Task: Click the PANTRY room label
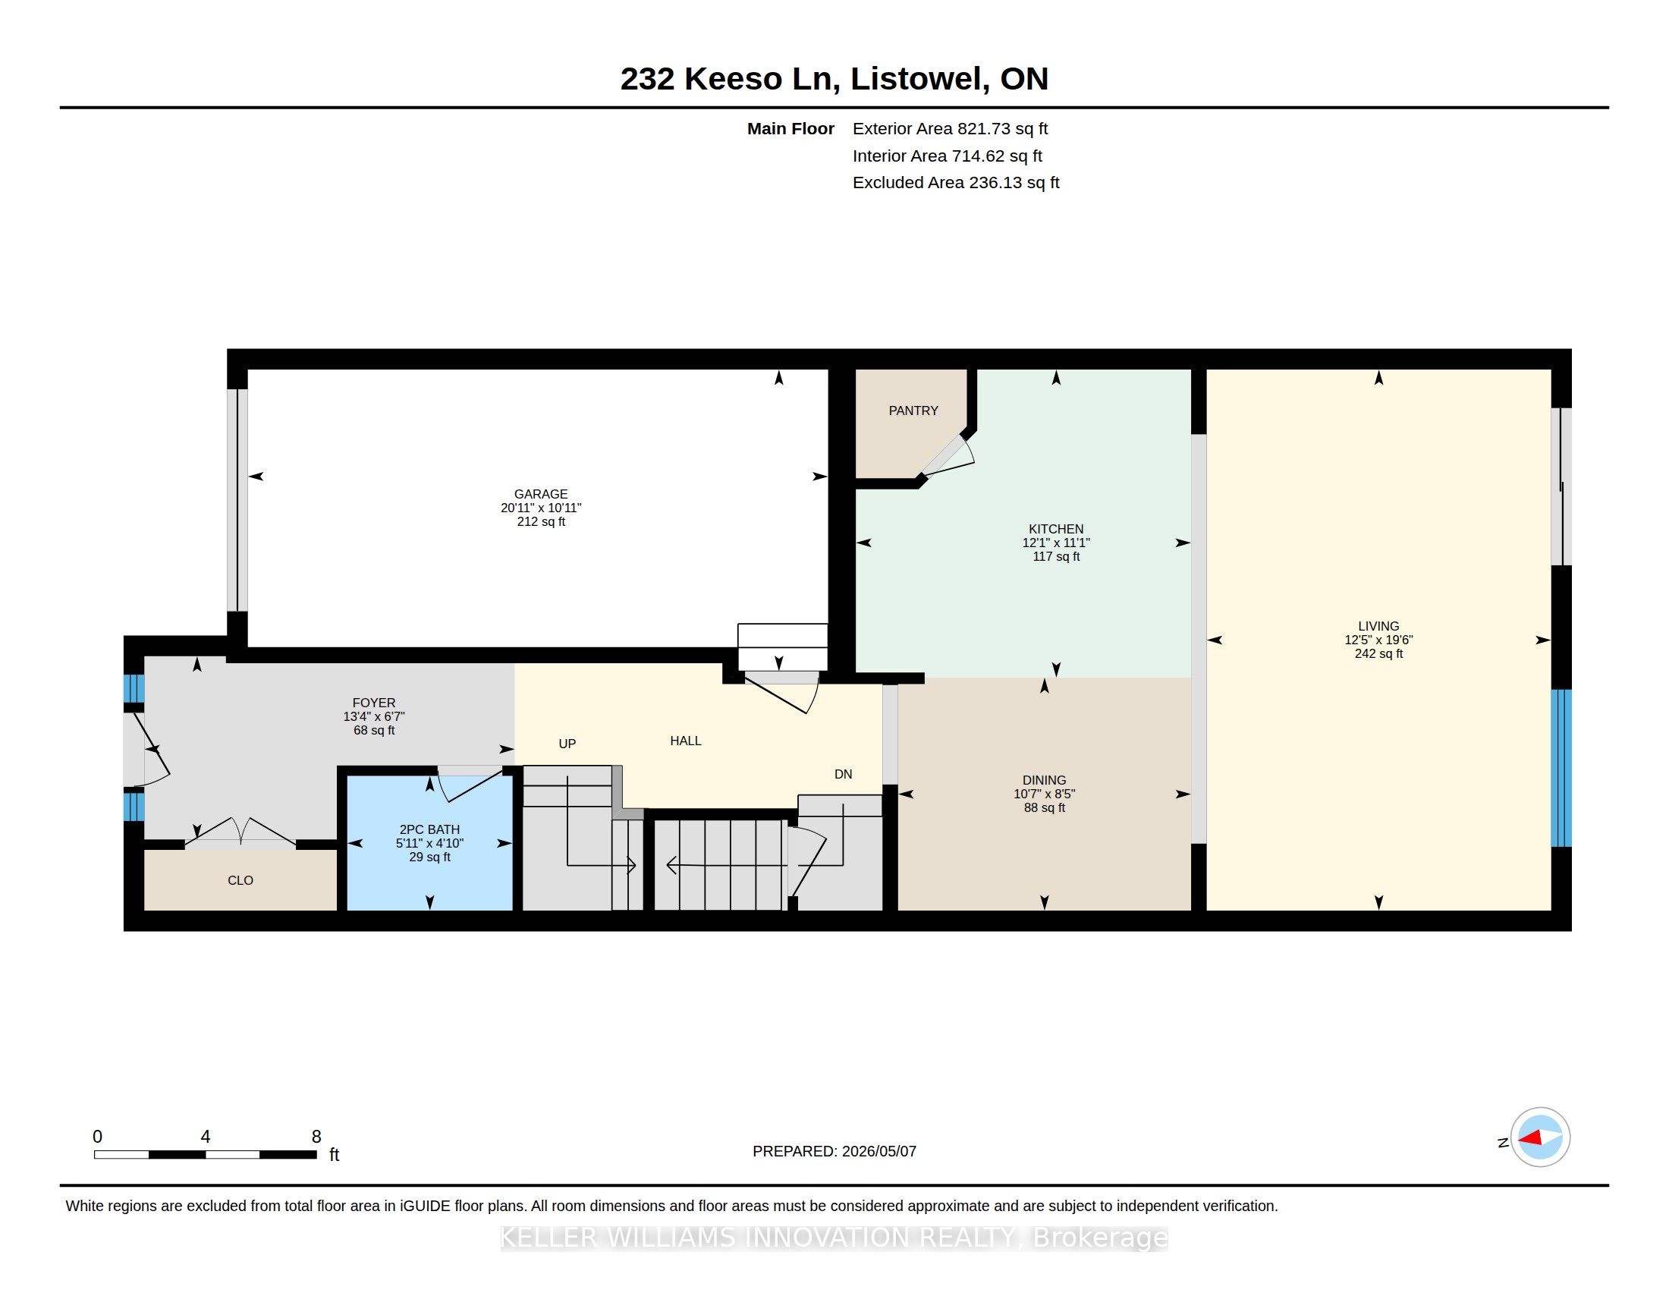pyautogui.click(x=913, y=411)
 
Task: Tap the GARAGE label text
pyautogui.click(x=541, y=494)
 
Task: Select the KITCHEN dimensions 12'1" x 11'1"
pyautogui.click(x=1056, y=543)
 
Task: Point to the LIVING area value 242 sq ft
pyautogui.click(x=1378, y=653)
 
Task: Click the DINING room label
pyautogui.click(x=1045, y=780)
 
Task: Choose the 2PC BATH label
pyautogui.click(x=429, y=829)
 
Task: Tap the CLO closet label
pyautogui.click(x=240, y=880)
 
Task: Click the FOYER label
pyautogui.click(x=374, y=703)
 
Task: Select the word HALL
pyautogui.click(x=686, y=741)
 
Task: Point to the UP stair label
pyautogui.click(x=567, y=744)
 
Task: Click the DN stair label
pyautogui.click(x=843, y=774)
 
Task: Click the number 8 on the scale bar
pyautogui.click(x=316, y=1137)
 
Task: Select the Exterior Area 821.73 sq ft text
pyautogui.click(x=950, y=128)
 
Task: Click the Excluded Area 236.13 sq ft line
pyautogui.click(x=956, y=182)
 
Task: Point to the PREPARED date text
pyautogui.click(x=834, y=1151)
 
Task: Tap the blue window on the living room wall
pyautogui.click(x=1561, y=768)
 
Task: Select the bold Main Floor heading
pyautogui.click(x=790, y=128)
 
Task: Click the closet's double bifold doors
pyautogui.click(x=240, y=832)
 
